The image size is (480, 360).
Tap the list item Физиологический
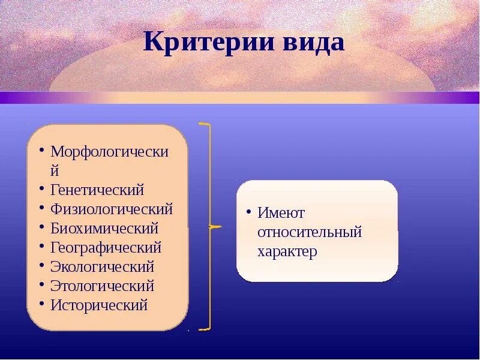(x=112, y=209)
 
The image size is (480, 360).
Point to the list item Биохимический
(x=104, y=228)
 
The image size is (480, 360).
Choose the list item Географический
(x=106, y=247)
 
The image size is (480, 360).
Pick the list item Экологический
(x=103, y=266)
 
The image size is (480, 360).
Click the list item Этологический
(x=103, y=286)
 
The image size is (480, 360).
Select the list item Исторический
(x=99, y=305)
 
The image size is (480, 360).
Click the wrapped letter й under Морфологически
(x=56, y=170)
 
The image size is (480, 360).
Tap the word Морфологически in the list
(x=109, y=151)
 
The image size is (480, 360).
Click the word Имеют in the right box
(x=281, y=212)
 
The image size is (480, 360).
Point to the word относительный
(x=310, y=232)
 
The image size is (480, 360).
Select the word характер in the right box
(x=287, y=251)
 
